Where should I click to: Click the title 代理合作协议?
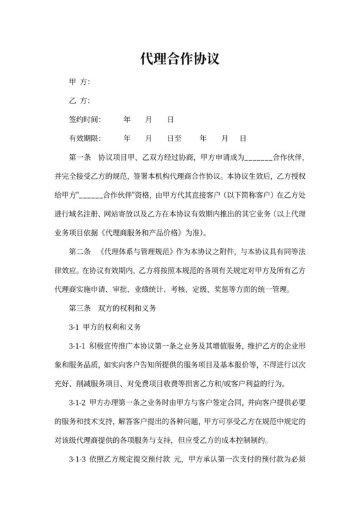point(180,59)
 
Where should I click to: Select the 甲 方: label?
point(79,82)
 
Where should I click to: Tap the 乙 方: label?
point(79,101)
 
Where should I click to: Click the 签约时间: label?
point(85,120)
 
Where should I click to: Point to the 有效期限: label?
point(85,138)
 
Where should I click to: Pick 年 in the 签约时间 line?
point(127,120)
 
